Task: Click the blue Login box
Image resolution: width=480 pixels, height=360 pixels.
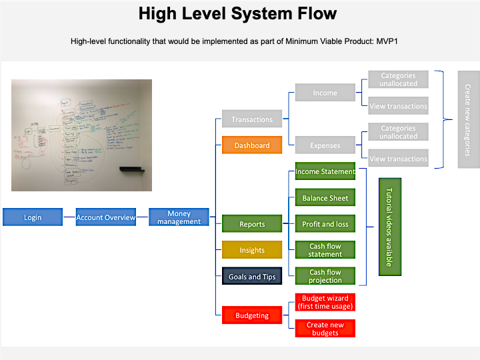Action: click(33, 217)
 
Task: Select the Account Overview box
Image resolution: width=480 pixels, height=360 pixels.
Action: click(105, 217)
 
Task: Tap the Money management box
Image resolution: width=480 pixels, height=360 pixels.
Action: click(179, 217)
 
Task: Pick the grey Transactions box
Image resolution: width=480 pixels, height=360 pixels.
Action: click(252, 119)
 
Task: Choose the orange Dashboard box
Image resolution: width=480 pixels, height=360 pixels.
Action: click(252, 145)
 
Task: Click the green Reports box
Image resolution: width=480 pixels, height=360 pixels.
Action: click(252, 224)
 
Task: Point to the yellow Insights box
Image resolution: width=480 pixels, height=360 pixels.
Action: click(252, 250)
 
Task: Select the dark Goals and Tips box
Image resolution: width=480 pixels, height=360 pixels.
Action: click(252, 276)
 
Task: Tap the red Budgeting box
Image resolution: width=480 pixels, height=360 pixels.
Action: click(252, 315)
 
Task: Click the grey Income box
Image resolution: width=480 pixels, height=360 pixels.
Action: click(325, 93)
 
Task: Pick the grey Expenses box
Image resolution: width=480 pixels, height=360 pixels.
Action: click(325, 145)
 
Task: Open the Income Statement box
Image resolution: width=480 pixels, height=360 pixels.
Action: click(325, 171)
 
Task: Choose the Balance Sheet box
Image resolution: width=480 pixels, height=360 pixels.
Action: click(325, 197)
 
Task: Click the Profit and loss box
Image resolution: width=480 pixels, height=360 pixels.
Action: click(325, 224)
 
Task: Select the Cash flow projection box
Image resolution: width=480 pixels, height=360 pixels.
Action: click(325, 276)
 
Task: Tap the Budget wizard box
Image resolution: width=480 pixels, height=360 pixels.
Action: click(325, 302)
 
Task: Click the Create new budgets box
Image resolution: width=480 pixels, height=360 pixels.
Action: click(325, 329)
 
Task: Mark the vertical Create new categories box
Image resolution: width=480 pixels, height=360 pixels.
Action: click(468, 119)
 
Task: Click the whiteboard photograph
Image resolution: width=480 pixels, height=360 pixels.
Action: click(81, 135)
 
